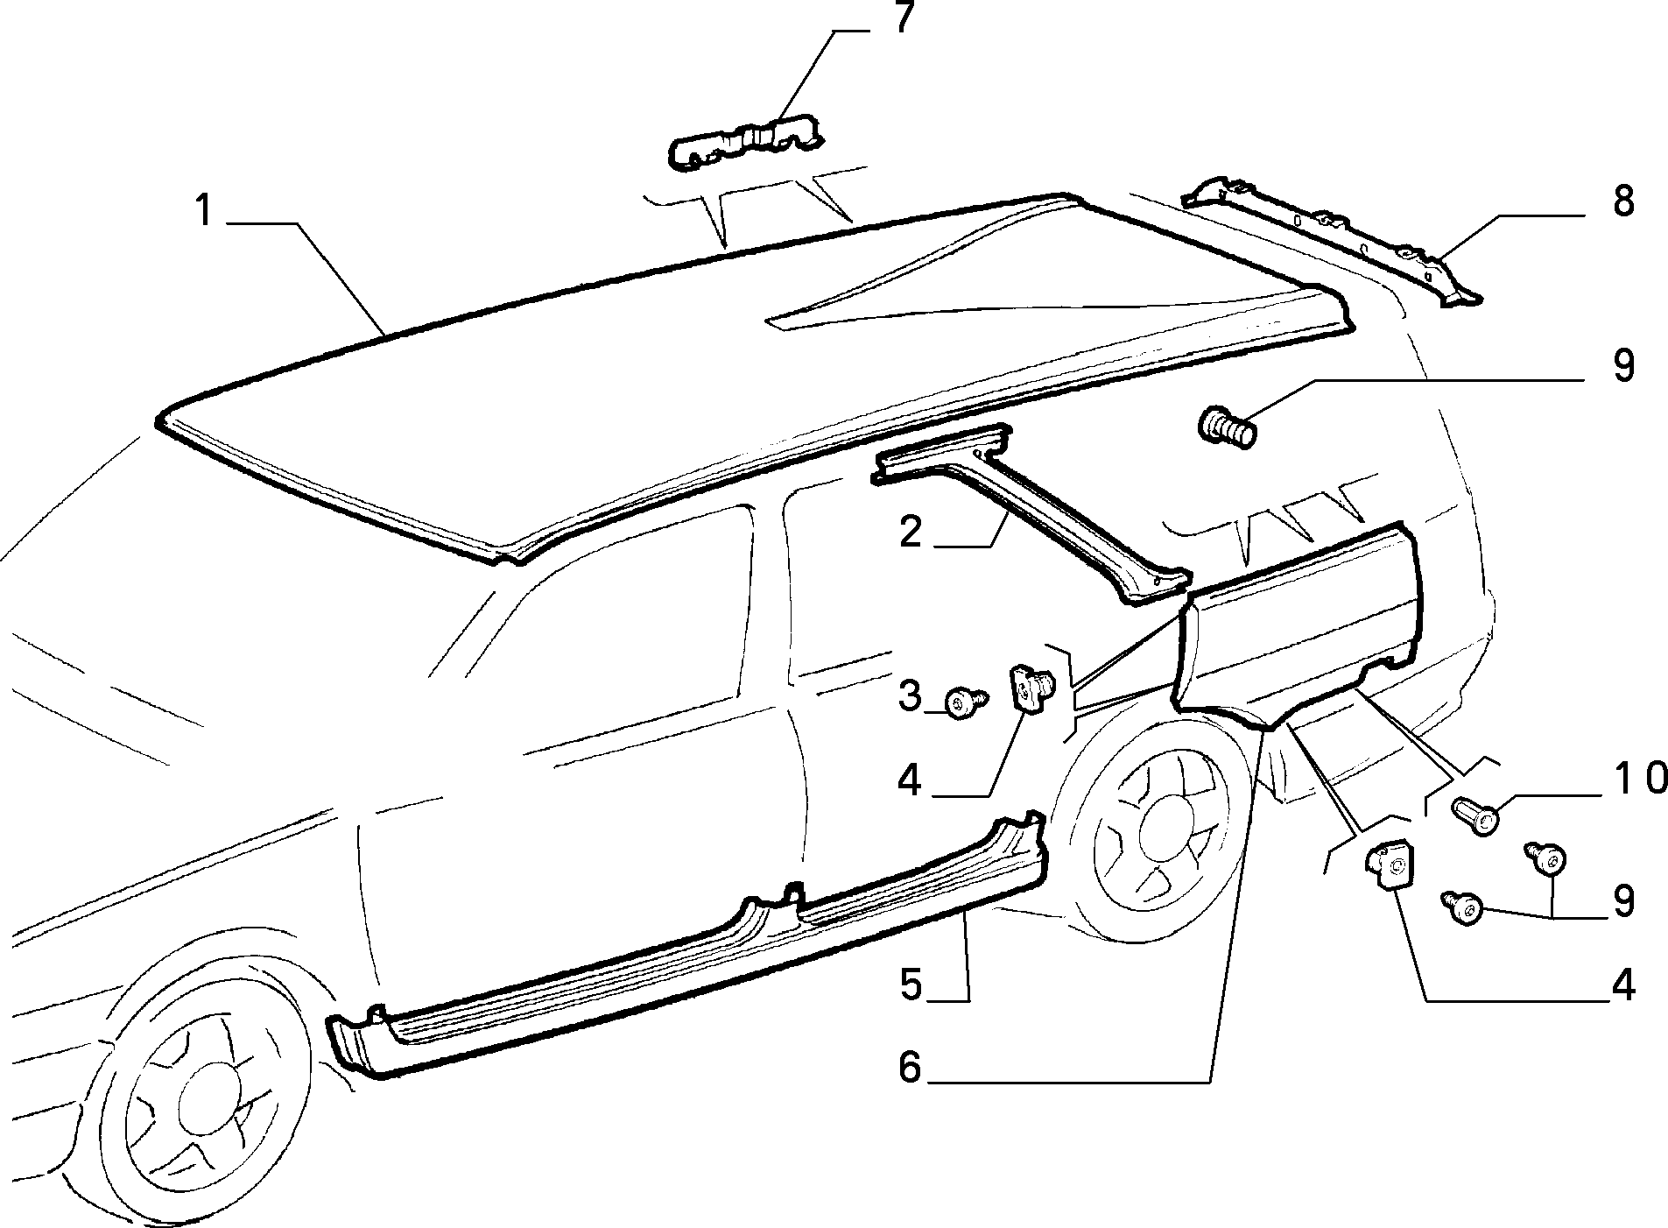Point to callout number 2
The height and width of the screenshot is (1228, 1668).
pos(911,532)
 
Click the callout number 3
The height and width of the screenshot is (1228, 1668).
pos(911,696)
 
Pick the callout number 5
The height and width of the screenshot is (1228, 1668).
pos(911,985)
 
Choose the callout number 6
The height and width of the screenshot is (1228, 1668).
pos(911,1067)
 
